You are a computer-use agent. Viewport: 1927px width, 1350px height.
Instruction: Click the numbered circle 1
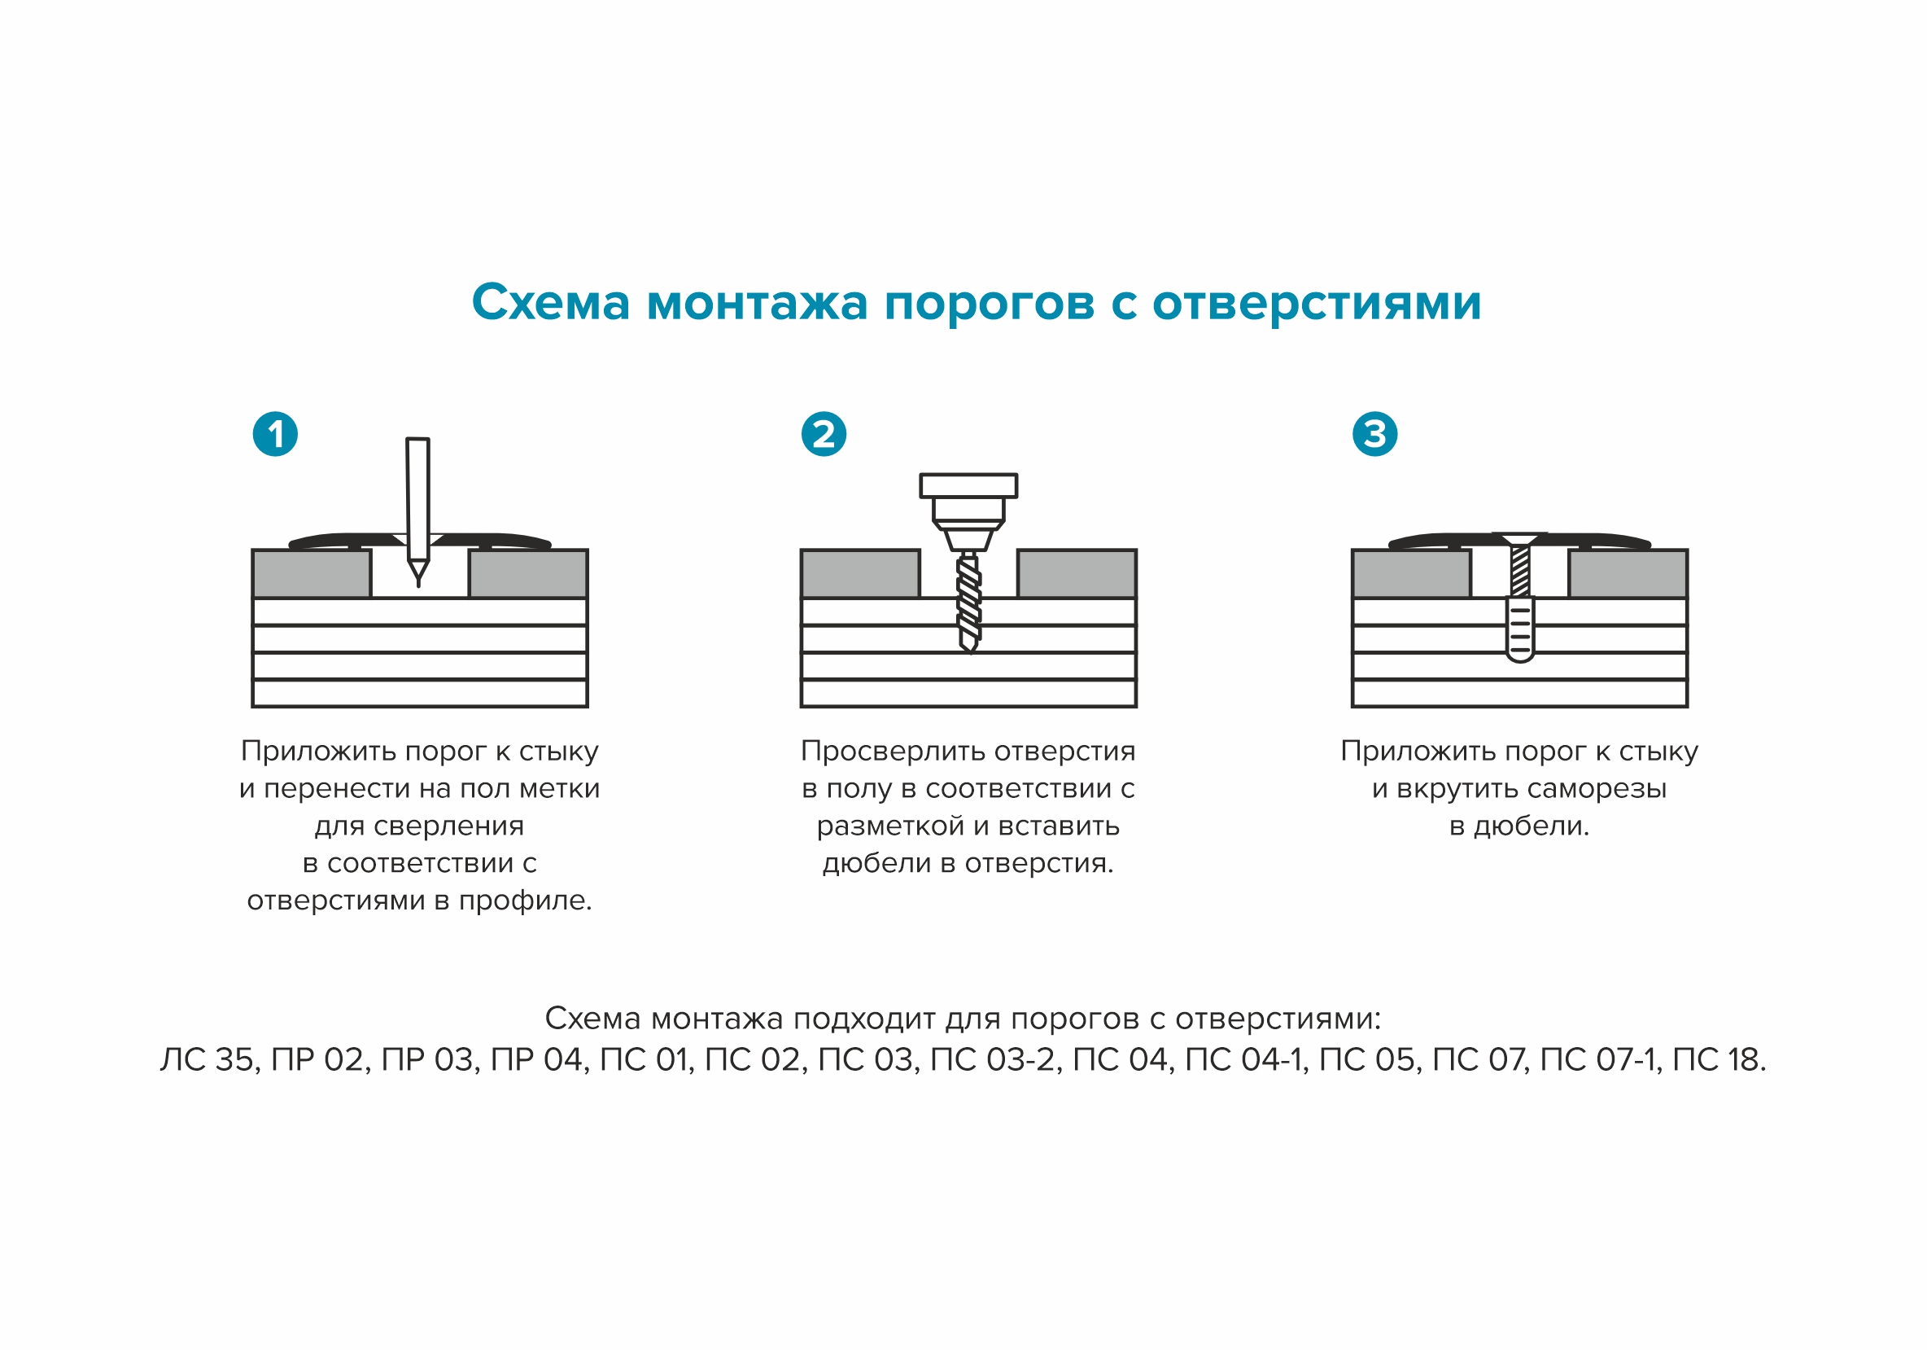[275, 434]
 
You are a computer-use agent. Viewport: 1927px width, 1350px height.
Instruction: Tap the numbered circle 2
[824, 434]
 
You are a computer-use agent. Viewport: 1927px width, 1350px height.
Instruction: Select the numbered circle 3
[1374, 434]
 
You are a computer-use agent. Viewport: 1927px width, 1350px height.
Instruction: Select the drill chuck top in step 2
[968, 485]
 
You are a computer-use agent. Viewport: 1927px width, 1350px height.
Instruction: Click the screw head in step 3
[1520, 537]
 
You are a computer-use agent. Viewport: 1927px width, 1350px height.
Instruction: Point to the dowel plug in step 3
[1520, 630]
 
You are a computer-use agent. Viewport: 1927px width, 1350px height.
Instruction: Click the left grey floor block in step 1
[312, 574]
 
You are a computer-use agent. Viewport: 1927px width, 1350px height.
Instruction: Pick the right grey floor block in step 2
[1077, 574]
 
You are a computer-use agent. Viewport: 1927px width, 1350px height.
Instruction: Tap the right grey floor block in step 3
[1628, 574]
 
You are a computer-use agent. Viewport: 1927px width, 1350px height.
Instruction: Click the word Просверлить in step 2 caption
[867, 752]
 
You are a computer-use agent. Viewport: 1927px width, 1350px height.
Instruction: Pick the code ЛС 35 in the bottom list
[209, 1060]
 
